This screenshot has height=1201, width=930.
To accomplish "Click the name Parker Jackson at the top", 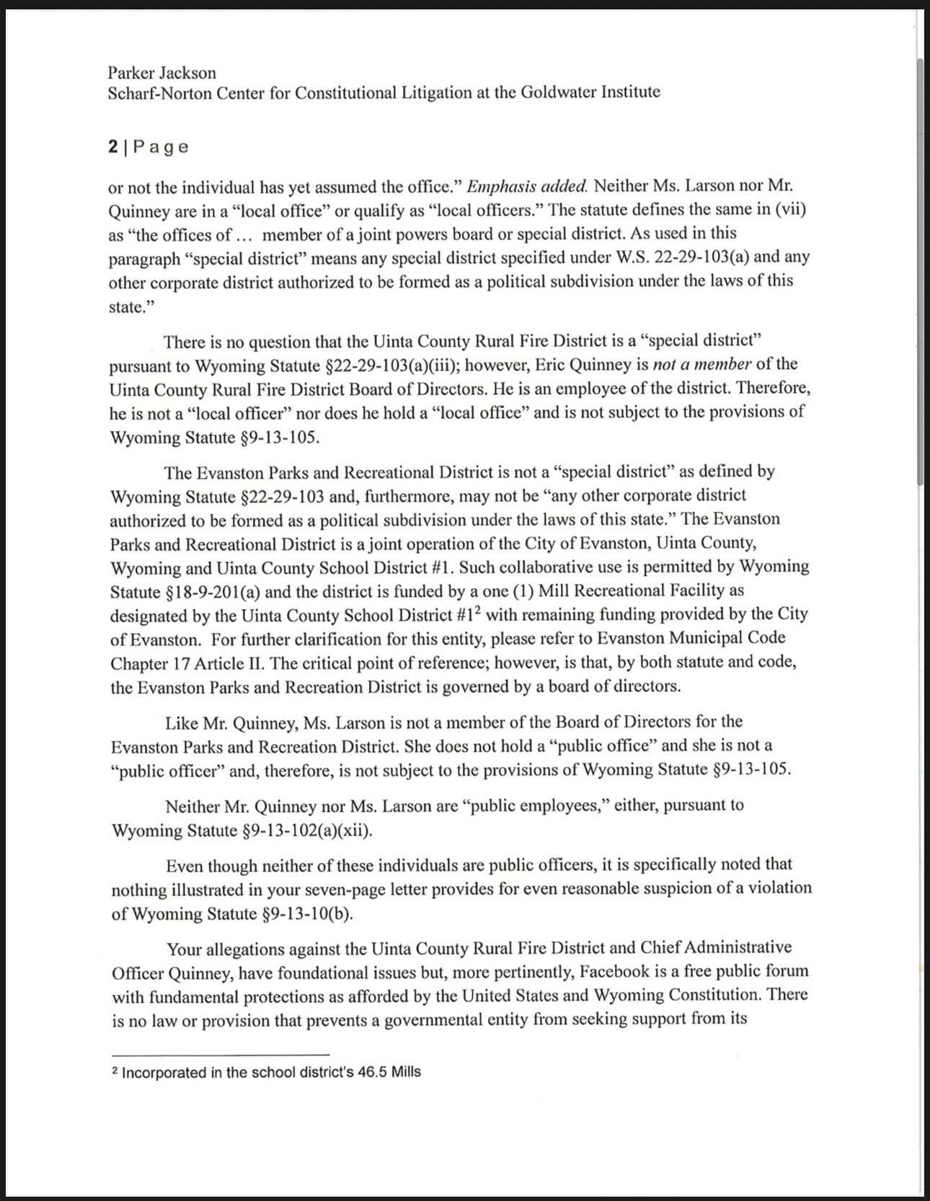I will click(x=161, y=73).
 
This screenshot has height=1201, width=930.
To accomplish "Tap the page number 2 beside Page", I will click(x=113, y=147).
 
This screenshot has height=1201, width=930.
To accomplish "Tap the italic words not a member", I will click(x=707, y=365).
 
